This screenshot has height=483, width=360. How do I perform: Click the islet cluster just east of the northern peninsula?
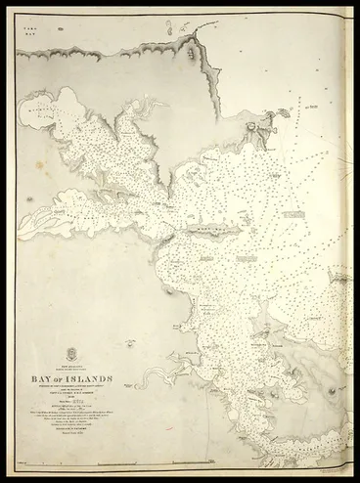pos(284,115)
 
